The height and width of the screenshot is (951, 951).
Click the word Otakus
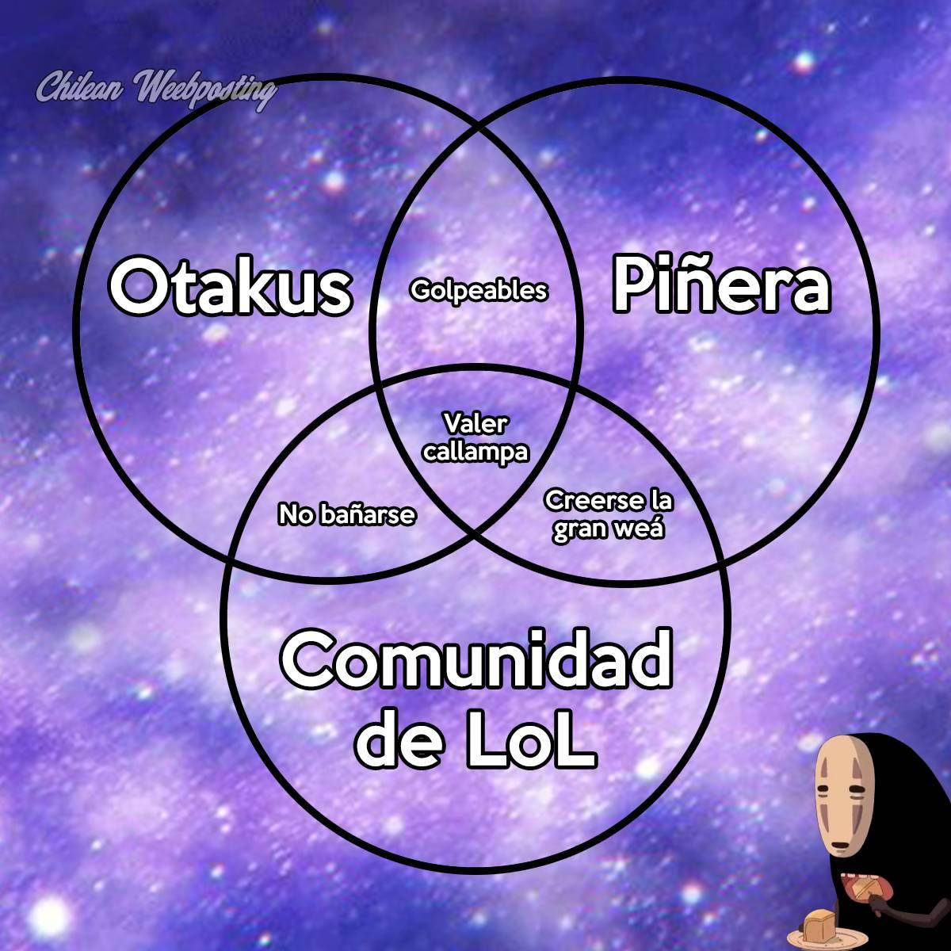[230, 287]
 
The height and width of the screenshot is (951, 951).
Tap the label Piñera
[721, 285]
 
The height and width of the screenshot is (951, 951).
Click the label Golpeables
[479, 291]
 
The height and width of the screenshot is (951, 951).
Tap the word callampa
[475, 452]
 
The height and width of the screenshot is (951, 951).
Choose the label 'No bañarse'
[346, 515]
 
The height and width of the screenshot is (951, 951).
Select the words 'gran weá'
[608, 529]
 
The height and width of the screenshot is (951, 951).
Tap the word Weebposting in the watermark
[206, 89]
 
